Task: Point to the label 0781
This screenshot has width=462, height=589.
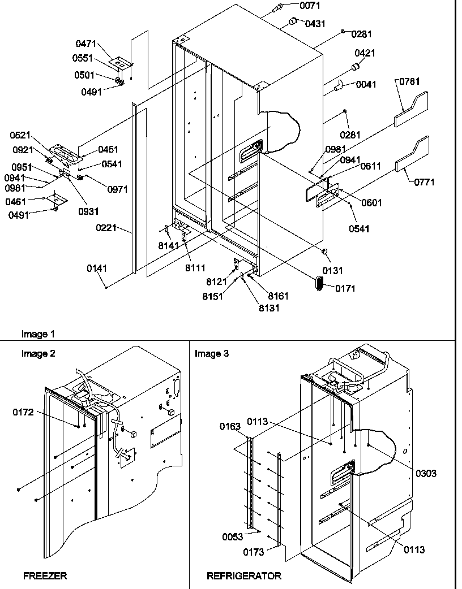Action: pos(410,82)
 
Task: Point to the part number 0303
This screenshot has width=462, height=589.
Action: pos(425,474)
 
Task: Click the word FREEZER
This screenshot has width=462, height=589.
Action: pos(45,576)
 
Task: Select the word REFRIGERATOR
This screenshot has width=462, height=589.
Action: pos(243,576)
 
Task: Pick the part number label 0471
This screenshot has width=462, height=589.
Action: pos(85,44)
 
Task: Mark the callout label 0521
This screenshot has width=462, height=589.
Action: pos(21,135)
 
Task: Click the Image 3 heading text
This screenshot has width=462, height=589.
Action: pos(212,354)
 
